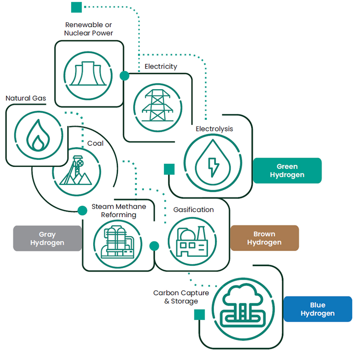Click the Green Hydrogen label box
click(287, 171)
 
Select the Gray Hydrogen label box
click(47, 239)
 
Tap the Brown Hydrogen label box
click(264, 238)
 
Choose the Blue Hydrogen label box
click(318, 309)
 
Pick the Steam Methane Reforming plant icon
click(118, 242)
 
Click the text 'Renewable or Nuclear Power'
click(89, 29)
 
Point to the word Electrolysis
click(214, 129)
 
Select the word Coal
click(95, 143)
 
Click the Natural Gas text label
click(26, 98)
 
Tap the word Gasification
click(194, 209)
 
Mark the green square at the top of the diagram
click(76, 7)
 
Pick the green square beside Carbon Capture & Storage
click(199, 314)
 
